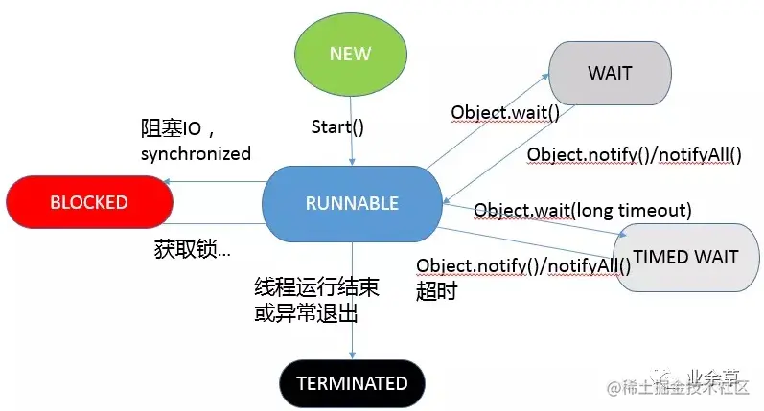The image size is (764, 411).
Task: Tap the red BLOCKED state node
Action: click(88, 202)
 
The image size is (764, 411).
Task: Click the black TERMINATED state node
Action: click(352, 383)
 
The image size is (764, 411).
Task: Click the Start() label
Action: click(338, 126)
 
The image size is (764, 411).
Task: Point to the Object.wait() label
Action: click(505, 112)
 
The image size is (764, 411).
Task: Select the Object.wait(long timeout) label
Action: click(582, 210)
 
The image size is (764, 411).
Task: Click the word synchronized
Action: click(196, 153)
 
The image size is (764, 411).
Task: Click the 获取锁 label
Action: click(192, 250)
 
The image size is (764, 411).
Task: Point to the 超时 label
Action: click(435, 290)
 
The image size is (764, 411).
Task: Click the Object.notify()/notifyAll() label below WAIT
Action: click(635, 153)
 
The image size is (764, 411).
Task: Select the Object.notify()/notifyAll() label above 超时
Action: click(522, 265)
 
